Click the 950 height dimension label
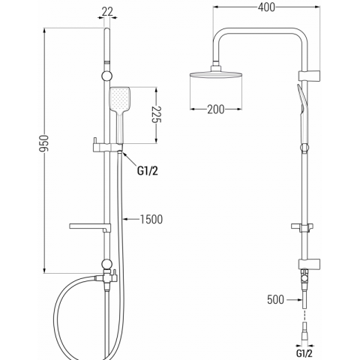[x=44, y=143]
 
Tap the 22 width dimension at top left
[x=108, y=11]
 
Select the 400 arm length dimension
[x=266, y=7]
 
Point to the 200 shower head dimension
[x=216, y=109]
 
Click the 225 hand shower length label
[x=157, y=115]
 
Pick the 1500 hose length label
[x=151, y=219]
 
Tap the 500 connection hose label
[x=275, y=299]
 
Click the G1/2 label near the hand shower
[x=148, y=171]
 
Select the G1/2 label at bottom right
[x=304, y=353]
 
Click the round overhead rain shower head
[x=216, y=74]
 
